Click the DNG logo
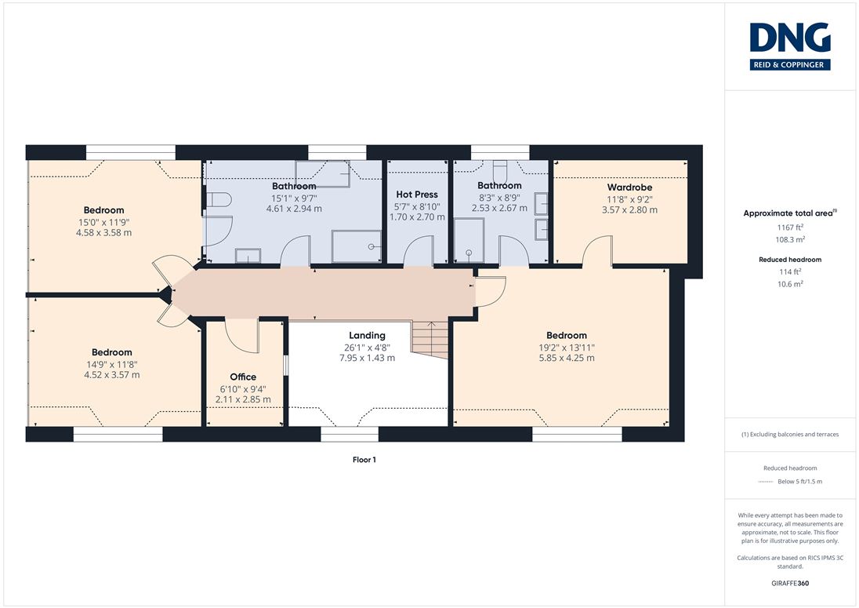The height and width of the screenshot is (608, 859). (790, 46)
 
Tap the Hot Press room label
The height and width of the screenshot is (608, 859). (417, 195)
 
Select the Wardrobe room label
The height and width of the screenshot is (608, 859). (629, 187)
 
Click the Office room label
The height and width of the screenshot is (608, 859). (243, 377)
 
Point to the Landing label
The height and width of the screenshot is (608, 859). (367, 336)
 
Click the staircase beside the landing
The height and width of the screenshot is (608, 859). (430, 340)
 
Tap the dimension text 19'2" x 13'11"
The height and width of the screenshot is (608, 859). (567, 348)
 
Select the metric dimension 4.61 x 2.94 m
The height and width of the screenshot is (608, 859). (294, 209)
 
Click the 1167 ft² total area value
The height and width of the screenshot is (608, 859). (790, 227)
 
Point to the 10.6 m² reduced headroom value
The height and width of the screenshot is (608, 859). (790, 284)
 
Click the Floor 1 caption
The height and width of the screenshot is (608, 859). (364, 460)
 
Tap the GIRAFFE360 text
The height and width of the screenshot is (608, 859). (790, 583)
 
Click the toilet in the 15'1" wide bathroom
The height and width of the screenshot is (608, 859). (219, 199)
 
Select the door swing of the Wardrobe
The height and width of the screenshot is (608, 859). (597, 250)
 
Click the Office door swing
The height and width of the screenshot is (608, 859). (241, 336)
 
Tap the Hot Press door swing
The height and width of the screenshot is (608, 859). (419, 251)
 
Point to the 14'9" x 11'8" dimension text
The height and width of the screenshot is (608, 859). (112, 365)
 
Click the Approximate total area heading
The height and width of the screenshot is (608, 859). (790, 213)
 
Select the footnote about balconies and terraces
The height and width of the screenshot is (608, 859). (790, 434)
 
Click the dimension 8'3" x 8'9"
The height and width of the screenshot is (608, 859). (499, 198)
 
